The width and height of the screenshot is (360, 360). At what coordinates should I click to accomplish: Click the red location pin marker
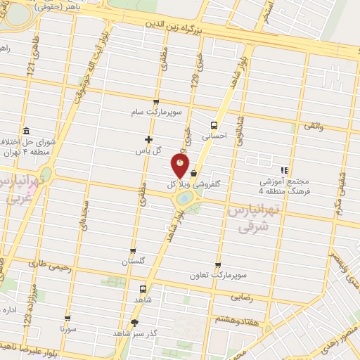(x=181, y=165)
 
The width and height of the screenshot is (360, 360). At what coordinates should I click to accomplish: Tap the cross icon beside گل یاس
(x=148, y=139)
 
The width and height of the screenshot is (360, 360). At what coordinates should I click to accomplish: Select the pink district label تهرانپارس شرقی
(x=255, y=218)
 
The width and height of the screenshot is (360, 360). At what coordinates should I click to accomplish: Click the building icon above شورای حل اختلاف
(x=26, y=131)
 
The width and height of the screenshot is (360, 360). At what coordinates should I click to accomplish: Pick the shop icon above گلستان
(x=133, y=250)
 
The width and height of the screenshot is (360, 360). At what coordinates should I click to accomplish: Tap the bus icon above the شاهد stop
(x=143, y=289)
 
